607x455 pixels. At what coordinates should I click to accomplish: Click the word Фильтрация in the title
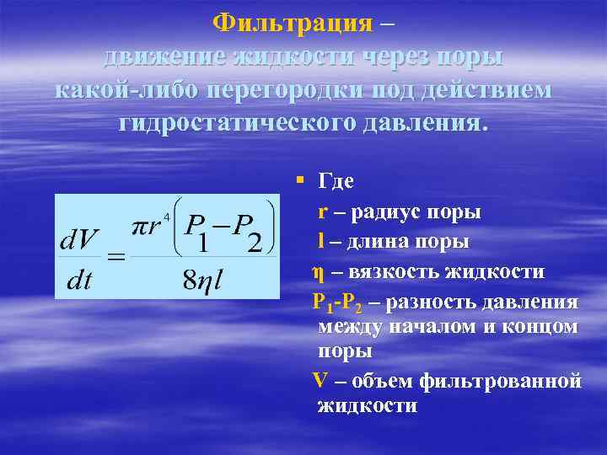coord(292,22)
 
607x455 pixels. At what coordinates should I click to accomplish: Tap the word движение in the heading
coord(158,57)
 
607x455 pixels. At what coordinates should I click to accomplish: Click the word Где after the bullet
coord(336,180)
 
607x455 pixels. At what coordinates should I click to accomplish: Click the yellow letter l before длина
coord(321,242)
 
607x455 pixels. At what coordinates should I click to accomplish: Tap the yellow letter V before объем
coord(320,380)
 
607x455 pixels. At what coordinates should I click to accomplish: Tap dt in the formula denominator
coord(78,281)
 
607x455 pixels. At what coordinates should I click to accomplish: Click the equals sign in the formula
coord(115,256)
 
